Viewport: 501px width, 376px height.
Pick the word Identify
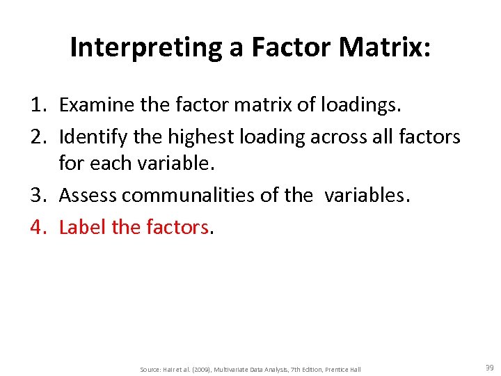[x=93, y=136]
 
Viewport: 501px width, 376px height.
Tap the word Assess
[x=88, y=196]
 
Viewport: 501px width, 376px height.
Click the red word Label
[x=80, y=226]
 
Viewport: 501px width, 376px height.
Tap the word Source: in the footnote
[x=151, y=369]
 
